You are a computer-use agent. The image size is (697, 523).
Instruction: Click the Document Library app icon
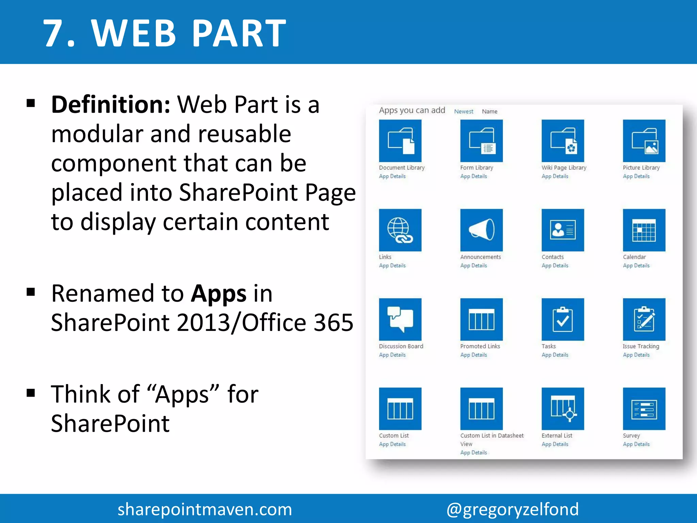point(400,141)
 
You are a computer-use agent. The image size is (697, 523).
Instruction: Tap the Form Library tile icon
point(481,141)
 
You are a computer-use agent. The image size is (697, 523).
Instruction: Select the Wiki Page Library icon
point(563,141)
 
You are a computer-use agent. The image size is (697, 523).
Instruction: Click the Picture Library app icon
point(644,141)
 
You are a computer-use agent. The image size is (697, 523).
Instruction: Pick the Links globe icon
point(400,230)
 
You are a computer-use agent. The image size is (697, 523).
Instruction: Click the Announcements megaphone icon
point(481,230)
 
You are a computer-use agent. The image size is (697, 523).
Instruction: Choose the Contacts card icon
point(563,230)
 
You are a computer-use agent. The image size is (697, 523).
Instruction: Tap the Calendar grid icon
point(644,230)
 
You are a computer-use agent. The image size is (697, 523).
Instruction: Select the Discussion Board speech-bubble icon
point(400,319)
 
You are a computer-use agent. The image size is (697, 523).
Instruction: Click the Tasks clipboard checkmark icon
point(563,319)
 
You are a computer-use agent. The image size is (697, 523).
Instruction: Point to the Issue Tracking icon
point(644,319)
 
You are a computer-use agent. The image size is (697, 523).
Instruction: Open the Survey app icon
point(644,409)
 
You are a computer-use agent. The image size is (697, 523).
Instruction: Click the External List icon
point(563,409)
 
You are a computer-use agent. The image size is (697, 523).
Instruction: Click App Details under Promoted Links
point(473,355)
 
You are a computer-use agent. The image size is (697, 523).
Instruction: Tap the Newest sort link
point(464,111)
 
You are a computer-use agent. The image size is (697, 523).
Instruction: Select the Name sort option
point(489,111)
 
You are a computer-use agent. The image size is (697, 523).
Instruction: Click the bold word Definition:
point(111,105)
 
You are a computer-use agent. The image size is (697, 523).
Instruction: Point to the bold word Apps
point(218,294)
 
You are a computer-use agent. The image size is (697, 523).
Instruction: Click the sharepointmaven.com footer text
point(205,509)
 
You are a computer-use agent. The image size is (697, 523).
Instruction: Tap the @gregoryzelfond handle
point(512,509)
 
